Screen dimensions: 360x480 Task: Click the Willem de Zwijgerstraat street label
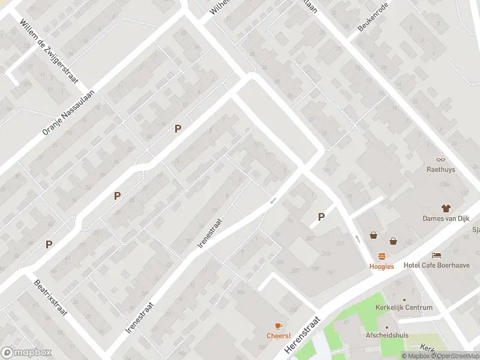50,50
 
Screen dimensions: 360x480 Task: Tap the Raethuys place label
440,170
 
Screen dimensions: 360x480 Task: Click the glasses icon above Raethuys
440,160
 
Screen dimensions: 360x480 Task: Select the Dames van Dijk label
445,219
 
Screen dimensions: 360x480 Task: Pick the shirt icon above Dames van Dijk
445,208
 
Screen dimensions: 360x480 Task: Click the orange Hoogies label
382,266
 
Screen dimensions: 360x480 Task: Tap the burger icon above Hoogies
382,256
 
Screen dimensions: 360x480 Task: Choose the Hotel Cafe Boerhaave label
437,265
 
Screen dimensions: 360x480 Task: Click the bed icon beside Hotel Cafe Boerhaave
436,255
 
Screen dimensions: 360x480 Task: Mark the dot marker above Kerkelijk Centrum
404,299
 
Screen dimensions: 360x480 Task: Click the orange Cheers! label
278,336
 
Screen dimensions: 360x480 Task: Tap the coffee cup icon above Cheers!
278,326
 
